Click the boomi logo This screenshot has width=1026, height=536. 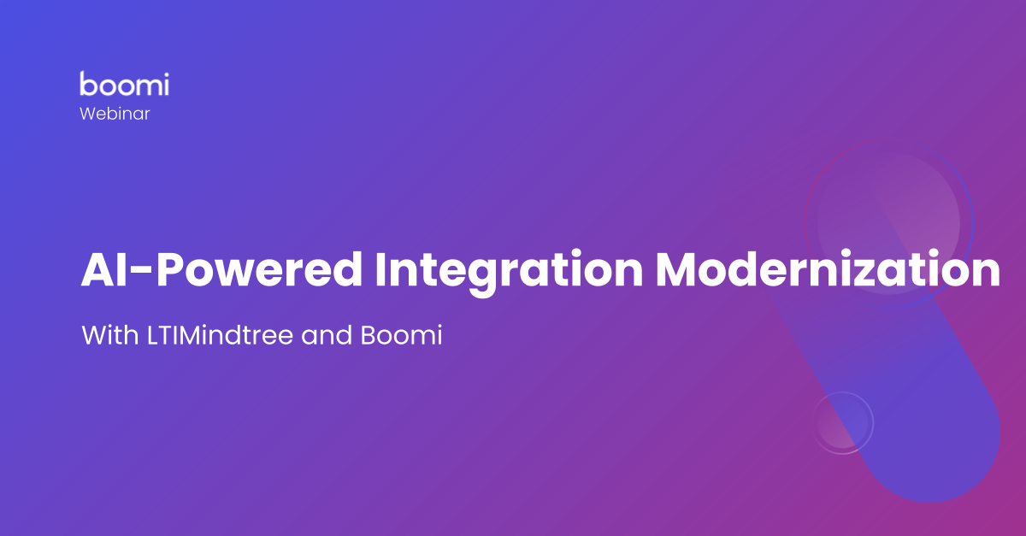124,84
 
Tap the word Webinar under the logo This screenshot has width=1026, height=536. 115,113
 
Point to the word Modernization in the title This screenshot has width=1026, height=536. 827,271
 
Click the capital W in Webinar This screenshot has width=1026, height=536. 88,113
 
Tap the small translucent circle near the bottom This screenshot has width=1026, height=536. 842,422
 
